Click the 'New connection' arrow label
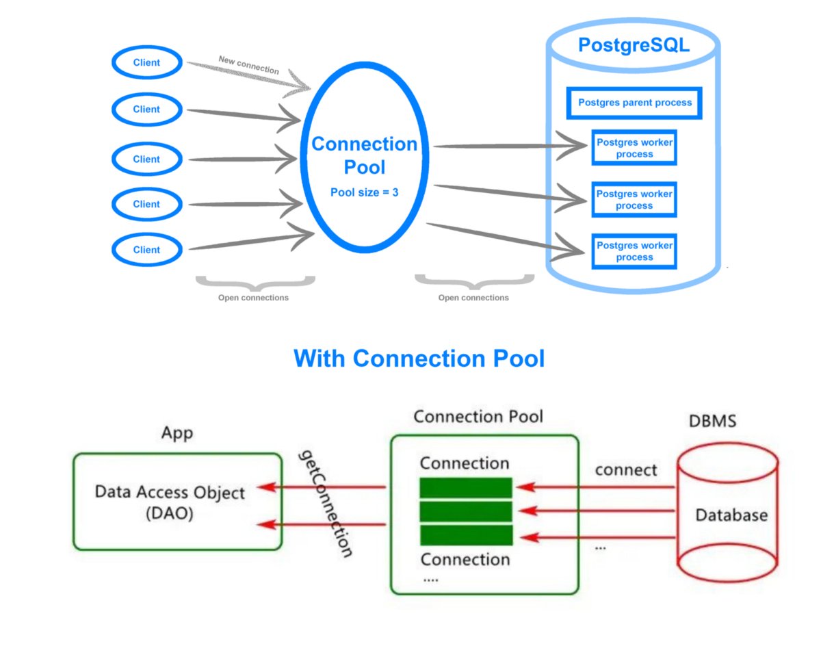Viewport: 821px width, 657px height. click(x=248, y=65)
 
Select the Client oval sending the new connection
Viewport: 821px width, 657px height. click(x=146, y=63)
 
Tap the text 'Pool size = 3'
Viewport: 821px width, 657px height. click(x=364, y=193)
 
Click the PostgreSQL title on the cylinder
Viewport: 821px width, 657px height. click(x=634, y=45)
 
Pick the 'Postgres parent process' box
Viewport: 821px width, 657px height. click(x=634, y=103)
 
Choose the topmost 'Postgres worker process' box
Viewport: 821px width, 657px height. click(x=634, y=148)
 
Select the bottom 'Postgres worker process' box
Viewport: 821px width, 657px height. click(x=634, y=251)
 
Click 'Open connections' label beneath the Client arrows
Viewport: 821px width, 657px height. click(x=253, y=298)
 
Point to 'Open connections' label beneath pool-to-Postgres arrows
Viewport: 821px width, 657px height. click(x=473, y=298)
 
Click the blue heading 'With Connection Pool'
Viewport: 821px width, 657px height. click(x=419, y=358)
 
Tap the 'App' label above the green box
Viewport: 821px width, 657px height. click(x=177, y=433)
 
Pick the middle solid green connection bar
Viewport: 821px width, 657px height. click(x=465, y=511)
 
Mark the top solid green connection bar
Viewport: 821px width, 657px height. click(x=465, y=487)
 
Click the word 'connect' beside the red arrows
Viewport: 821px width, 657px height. click(x=625, y=469)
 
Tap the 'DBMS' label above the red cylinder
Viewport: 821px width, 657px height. click(x=712, y=421)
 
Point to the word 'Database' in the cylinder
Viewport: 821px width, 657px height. click(x=731, y=515)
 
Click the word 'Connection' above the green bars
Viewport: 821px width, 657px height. click(x=465, y=463)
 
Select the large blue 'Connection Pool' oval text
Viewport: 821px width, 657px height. click(x=364, y=155)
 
